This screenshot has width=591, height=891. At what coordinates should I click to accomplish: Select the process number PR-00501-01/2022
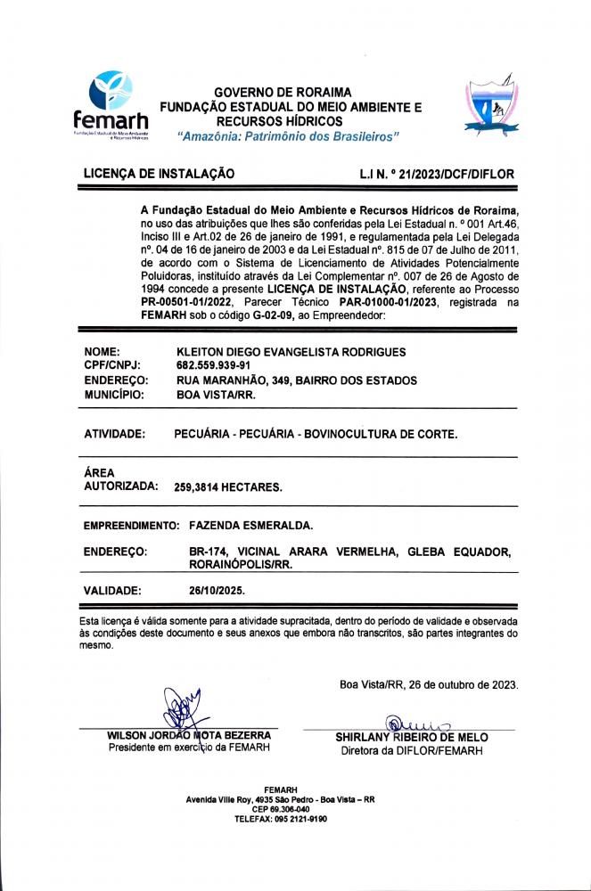click(x=189, y=303)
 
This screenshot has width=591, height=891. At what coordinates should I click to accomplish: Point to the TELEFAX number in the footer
click(x=281, y=818)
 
